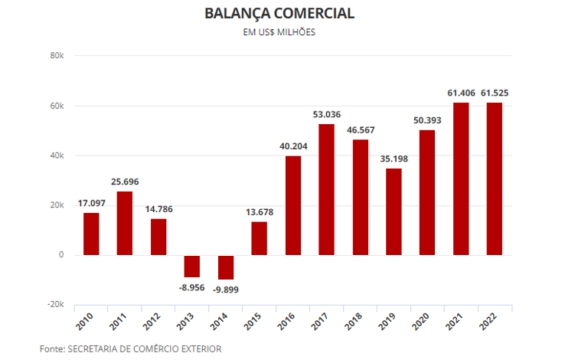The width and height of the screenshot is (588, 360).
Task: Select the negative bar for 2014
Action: [x=226, y=267]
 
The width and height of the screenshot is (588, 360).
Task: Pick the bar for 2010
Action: [x=91, y=234]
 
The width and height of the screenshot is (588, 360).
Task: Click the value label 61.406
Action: [x=461, y=93]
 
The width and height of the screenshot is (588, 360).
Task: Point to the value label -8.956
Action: [x=192, y=287]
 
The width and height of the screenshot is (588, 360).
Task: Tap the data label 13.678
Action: [x=259, y=212]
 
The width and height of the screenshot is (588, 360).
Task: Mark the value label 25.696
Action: [x=125, y=182]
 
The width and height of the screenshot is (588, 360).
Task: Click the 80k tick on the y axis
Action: [x=57, y=56]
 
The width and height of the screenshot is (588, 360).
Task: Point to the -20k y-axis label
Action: [x=55, y=305]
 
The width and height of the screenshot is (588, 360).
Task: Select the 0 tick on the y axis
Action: [x=61, y=255]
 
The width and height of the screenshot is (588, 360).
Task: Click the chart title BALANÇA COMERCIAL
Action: [x=279, y=14]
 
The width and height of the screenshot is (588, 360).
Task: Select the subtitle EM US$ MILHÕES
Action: [x=279, y=33]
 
